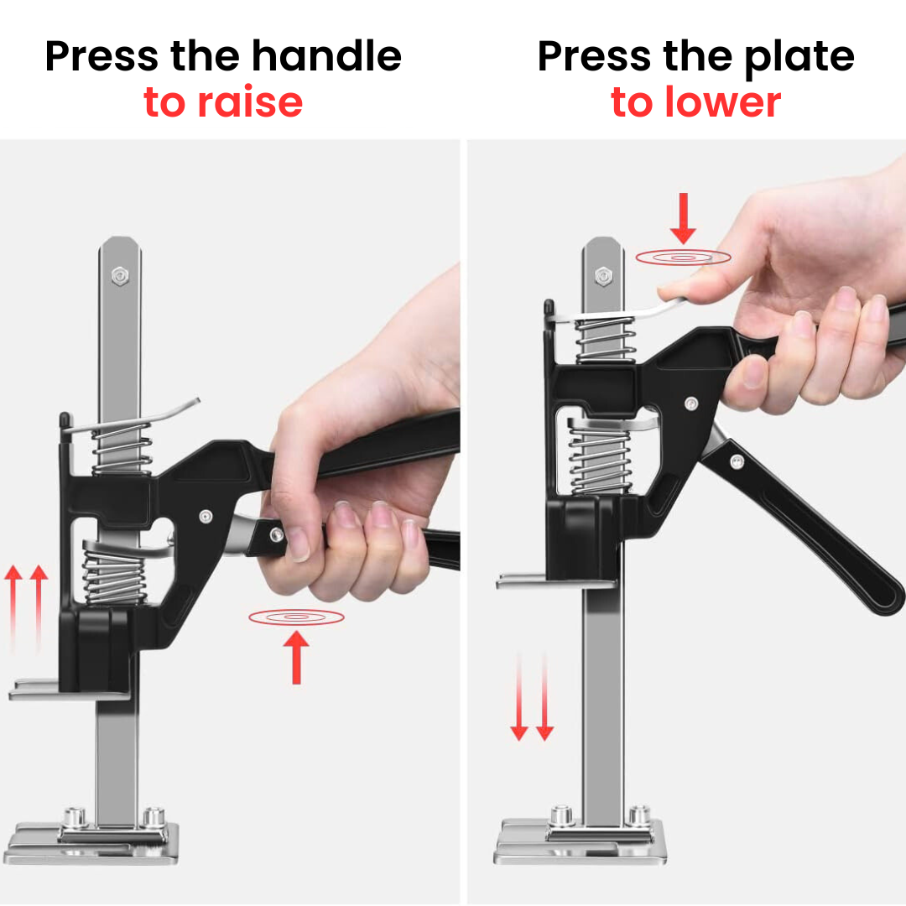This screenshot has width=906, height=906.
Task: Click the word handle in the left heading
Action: click(x=326, y=57)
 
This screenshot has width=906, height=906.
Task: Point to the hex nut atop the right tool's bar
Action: click(x=602, y=275)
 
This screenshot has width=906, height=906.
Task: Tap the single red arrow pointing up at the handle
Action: click(x=295, y=656)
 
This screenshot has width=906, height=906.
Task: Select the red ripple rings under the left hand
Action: click(x=296, y=617)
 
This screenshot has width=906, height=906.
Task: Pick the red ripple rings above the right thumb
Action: click(x=683, y=258)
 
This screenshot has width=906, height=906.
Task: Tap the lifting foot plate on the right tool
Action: click(x=554, y=581)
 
